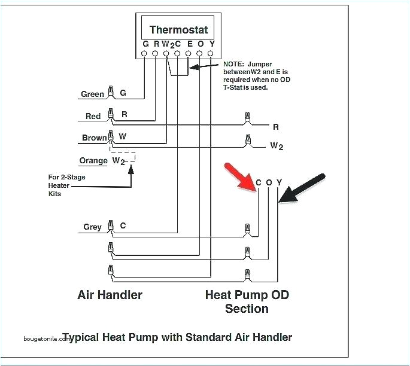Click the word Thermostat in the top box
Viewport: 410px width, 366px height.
tap(178, 30)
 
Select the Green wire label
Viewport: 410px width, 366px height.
tap(93, 94)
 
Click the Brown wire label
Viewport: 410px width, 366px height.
tap(94, 138)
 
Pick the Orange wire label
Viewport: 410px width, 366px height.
tap(93, 160)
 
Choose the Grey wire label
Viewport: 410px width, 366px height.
tap(93, 227)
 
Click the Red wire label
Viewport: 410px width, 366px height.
tap(93, 116)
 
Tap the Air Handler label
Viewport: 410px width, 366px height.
tap(110, 295)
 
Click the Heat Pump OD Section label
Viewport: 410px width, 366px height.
tap(246, 301)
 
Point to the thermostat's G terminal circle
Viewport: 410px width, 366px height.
tap(144, 54)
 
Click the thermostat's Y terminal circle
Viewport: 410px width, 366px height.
tap(211, 54)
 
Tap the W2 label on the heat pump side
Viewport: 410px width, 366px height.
tap(277, 145)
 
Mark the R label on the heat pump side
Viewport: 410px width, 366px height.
tap(276, 127)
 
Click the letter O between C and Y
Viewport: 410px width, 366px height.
tap(269, 182)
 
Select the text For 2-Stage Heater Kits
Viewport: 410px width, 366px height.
tap(63, 185)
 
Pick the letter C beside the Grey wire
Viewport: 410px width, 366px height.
tap(123, 226)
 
